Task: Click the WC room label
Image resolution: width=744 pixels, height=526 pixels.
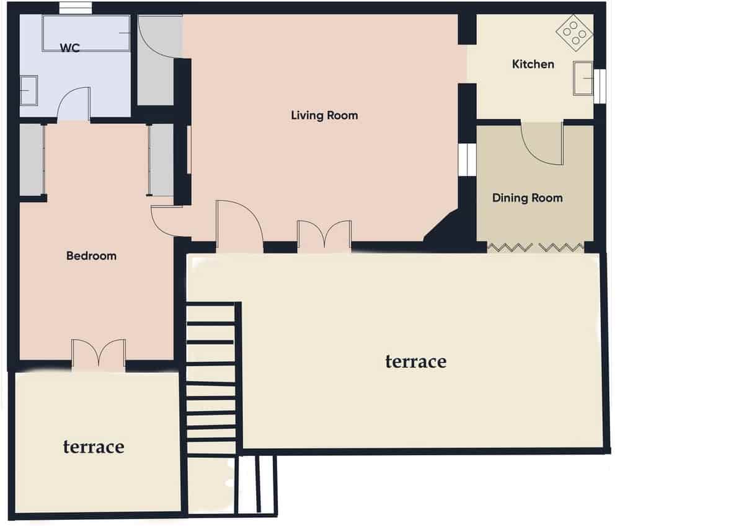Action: pyautogui.click(x=70, y=48)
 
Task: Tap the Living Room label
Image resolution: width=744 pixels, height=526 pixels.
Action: pyautogui.click(x=324, y=115)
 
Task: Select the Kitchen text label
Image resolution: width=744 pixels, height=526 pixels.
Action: pyautogui.click(x=533, y=64)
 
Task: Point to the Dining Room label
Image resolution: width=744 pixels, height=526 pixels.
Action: pyautogui.click(x=527, y=198)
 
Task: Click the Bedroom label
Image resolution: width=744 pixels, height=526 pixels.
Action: pyautogui.click(x=91, y=255)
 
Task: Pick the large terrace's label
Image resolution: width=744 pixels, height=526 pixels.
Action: pyautogui.click(x=415, y=361)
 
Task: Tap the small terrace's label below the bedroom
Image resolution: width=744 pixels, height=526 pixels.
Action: pyautogui.click(x=94, y=446)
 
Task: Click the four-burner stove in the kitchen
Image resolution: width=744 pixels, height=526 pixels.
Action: pyautogui.click(x=574, y=32)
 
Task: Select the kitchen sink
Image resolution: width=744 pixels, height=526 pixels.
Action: pyautogui.click(x=583, y=78)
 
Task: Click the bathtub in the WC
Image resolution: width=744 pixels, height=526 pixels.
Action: pyautogui.click(x=86, y=33)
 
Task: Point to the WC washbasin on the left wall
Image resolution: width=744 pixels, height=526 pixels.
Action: pyautogui.click(x=28, y=90)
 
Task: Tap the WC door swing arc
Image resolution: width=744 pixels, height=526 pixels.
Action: pyautogui.click(x=74, y=103)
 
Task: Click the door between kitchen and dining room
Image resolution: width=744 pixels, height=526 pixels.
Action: pyautogui.click(x=542, y=144)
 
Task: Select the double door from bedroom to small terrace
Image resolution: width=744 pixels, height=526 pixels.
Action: pyautogui.click(x=99, y=354)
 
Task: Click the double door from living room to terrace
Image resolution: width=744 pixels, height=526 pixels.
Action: pyautogui.click(x=324, y=237)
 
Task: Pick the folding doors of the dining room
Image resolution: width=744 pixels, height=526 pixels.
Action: pyautogui.click(x=536, y=248)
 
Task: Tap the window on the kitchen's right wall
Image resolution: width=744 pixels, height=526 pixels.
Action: pyautogui.click(x=599, y=86)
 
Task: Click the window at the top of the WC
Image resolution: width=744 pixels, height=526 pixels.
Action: pyautogui.click(x=76, y=8)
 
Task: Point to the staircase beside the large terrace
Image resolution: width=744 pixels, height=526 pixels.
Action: pyautogui.click(x=211, y=378)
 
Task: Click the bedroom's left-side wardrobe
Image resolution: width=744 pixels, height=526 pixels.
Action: pyautogui.click(x=31, y=160)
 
